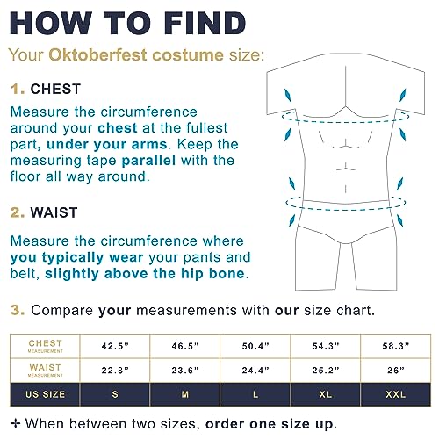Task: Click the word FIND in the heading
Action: pos(205,24)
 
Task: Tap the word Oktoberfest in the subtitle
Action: pos(97,54)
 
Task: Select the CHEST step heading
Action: pos(55,89)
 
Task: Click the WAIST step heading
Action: pos(54,212)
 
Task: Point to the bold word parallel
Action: pos(148,161)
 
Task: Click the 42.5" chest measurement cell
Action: pos(115,346)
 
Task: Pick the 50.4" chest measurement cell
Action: pos(255,346)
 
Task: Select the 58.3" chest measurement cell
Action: pos(396,346)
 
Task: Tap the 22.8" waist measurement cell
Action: pos(115,371)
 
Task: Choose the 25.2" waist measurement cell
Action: pos(326,371)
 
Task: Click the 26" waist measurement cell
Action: pos(396,371)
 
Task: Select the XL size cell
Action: pos(326,394)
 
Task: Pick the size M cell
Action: pos(185,394)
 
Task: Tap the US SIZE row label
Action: pos(45,394)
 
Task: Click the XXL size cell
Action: pos(396,394)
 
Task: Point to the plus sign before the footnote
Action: pos(16,423)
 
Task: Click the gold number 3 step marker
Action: pos(18,310)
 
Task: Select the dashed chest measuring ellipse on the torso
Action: pos(345,122)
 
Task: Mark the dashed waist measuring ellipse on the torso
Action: pos(345,210)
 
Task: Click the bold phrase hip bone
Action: pos(212,273)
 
